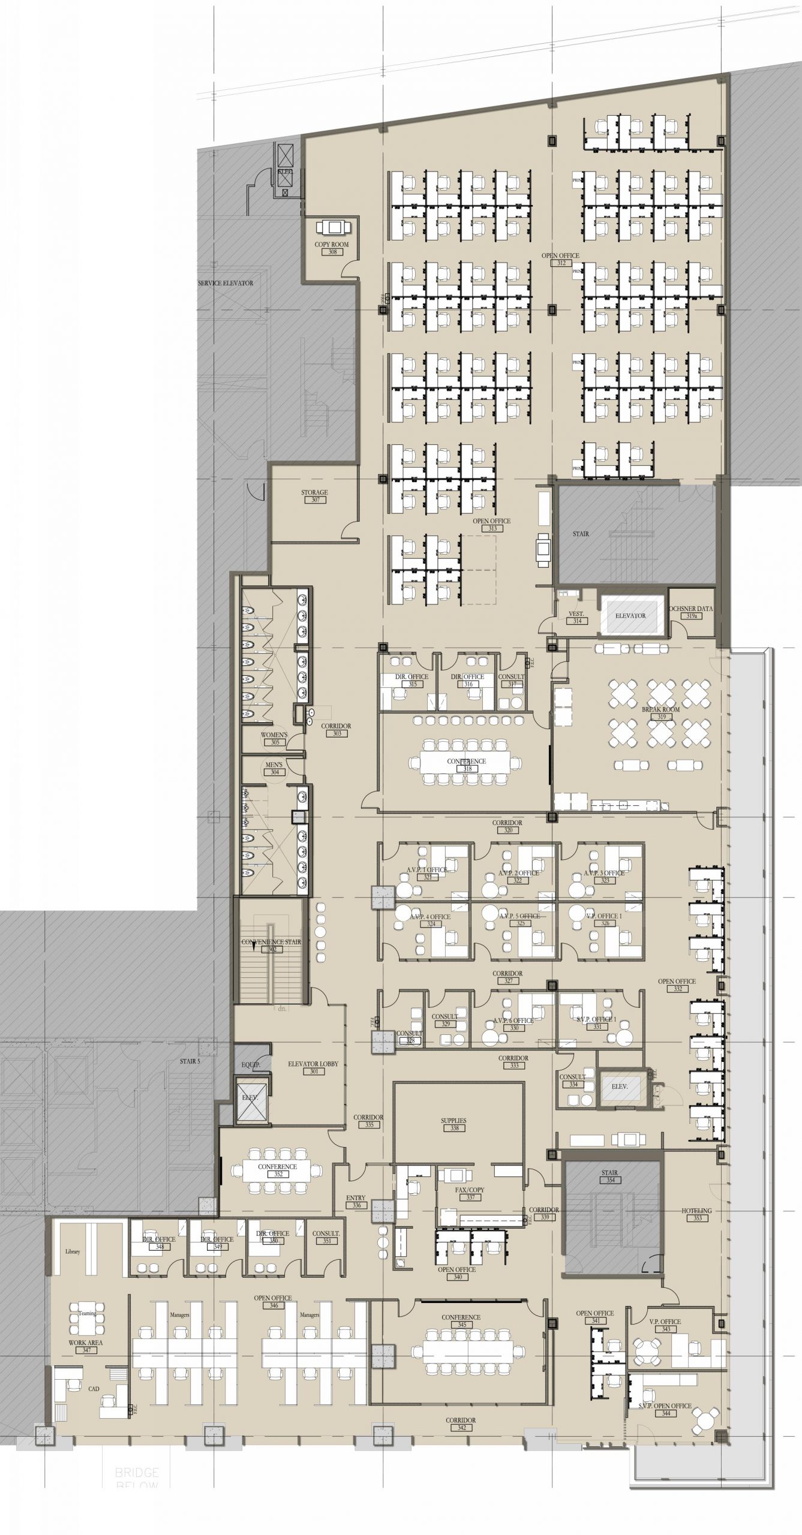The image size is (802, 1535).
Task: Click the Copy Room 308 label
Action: [331, 248]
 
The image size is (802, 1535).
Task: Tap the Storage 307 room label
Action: [314, 496]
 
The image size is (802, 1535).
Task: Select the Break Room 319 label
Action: [661, 712]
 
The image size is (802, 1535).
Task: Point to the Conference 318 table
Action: [466, 762]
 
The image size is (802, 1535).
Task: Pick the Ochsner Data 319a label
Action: [691, 612]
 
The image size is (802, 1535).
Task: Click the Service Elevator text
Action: [226, 283]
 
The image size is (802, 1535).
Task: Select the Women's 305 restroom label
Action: [274, 738]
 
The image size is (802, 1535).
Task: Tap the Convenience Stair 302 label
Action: [271, 945]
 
